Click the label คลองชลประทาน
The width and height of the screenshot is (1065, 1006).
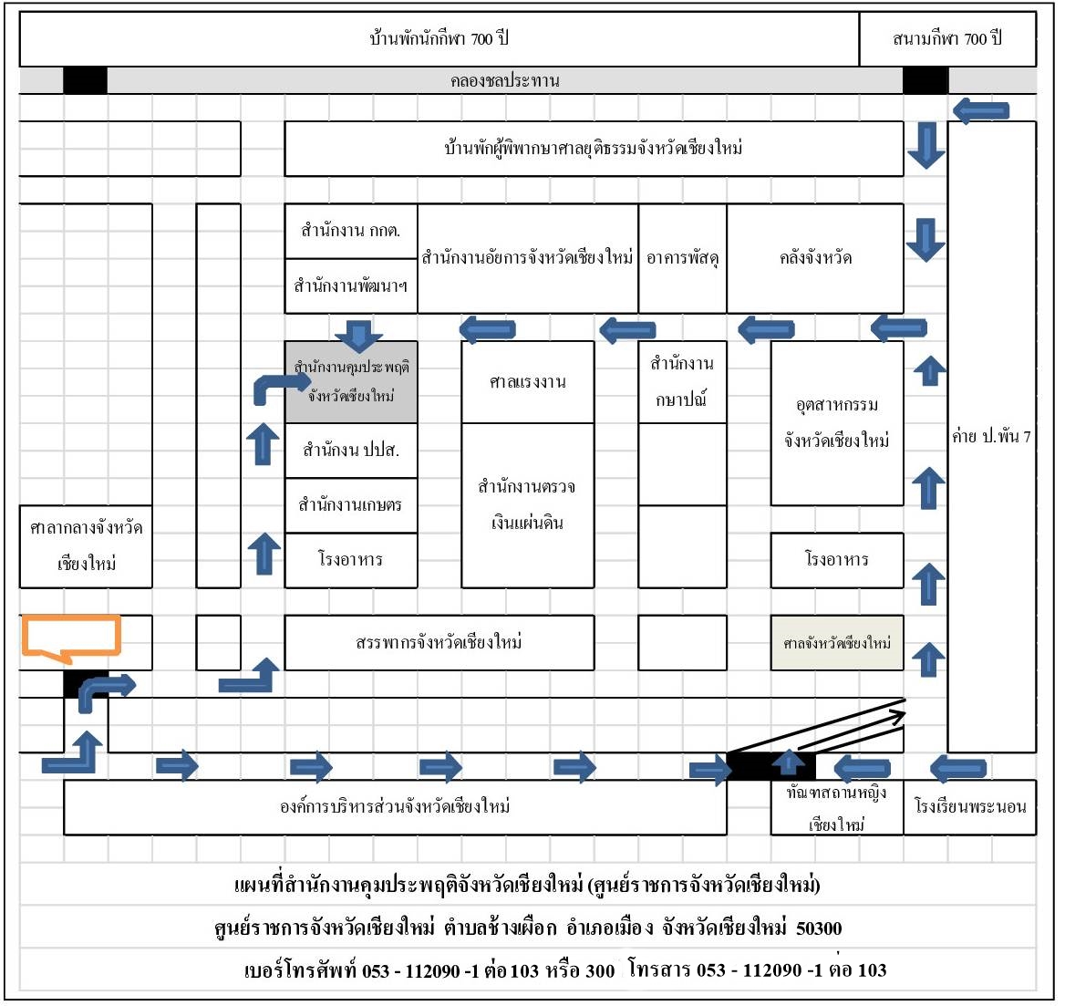[x=504, y=81]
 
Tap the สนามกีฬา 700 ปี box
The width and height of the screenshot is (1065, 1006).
[x=947, y=38]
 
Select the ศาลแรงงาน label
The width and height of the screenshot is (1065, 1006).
[x=528, y=382]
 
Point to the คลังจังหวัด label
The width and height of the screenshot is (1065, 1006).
[x=815, y=258]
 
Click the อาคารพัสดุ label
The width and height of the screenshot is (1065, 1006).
[x=683, y=258]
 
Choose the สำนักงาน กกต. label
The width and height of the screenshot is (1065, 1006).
[x=350, y=231]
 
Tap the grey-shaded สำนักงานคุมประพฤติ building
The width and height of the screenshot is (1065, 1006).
[x=351, y=382]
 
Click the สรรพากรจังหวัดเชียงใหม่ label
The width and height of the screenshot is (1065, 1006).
[x=439, y=643]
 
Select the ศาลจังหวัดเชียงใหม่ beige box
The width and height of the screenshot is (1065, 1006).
[x=837, y=643]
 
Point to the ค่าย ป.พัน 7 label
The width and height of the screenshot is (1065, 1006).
[x=992, y=437]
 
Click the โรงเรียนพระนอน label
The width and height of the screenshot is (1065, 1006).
[x=970, y=807]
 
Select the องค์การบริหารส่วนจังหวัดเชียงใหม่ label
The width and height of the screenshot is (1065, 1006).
[x=396, y=807]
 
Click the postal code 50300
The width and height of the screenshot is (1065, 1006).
[x=819, y=928]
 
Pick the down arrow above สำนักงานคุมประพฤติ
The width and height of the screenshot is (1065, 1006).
[x=358, y=336]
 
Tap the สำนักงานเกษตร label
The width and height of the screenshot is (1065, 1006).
[x=350, y=505]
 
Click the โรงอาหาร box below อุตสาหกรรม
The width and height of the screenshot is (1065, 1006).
[x=837, y=560]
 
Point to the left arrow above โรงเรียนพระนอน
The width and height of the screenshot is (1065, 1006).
[x=957, y=768]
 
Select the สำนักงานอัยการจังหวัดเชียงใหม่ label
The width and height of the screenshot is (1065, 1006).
[x=528, y=258]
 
